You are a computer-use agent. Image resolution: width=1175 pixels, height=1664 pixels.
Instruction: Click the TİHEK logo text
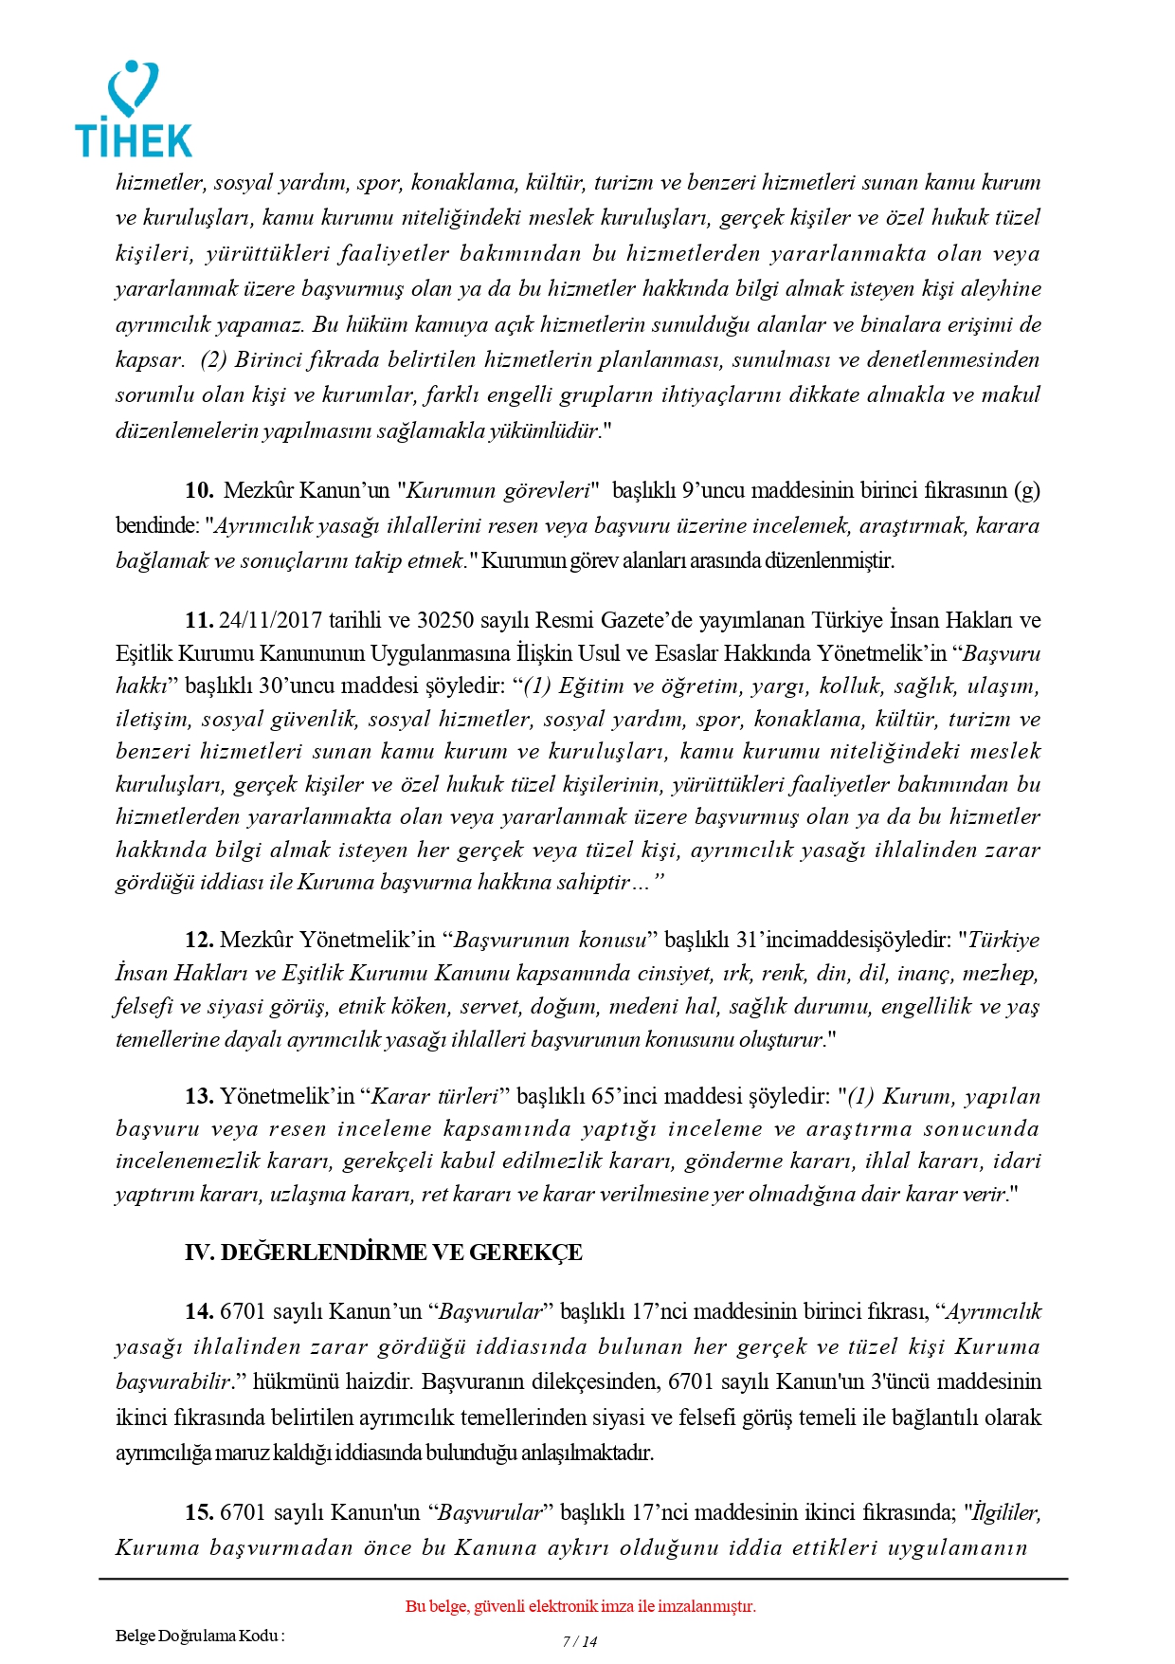pos(134,139)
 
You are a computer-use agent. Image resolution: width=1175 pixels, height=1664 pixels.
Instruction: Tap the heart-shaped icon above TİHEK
pos(133,88)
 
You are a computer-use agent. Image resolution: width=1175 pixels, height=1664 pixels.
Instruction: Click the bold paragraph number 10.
pos(199,490)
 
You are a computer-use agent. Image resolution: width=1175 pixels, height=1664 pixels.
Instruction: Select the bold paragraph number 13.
pos(199,1096)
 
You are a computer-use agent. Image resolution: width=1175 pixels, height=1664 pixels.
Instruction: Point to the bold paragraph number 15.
pos(199,1511)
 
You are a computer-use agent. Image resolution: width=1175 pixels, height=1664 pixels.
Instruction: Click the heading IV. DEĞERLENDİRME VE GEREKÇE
pos(383,1253)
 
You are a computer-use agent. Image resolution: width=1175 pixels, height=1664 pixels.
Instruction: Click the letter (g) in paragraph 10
pos(1026,490)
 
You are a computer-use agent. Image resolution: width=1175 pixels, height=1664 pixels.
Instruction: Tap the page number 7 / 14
pos(580,1641)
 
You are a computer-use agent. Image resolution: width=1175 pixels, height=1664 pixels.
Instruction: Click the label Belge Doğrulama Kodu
pos(199,1635)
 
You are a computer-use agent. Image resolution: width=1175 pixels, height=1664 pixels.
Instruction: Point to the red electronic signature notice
pos(580,1606)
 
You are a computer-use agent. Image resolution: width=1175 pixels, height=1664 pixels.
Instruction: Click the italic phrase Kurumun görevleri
pos(498,490)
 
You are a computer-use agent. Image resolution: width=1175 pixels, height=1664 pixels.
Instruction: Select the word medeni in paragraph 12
pos(641,1006)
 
